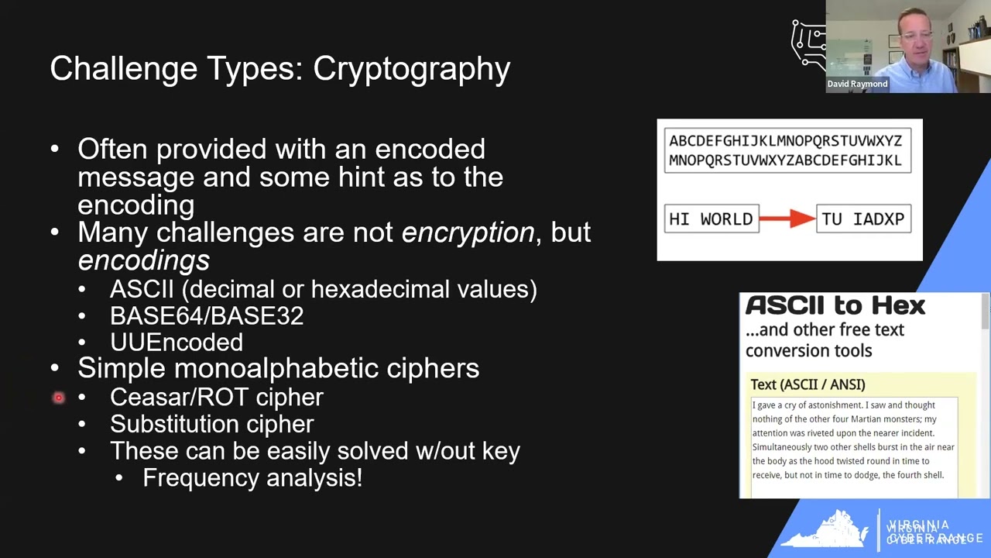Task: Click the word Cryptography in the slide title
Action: (411, 69)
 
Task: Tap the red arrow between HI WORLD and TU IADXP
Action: (787, 219)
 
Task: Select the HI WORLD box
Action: (711, 219)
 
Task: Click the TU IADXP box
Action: (863, 219)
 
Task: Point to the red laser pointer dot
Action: (58, 398)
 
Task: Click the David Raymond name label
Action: (857, 84)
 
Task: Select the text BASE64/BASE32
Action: (207, 316)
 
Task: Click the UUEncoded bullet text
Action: (177, 343)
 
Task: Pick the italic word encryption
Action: (468, 232)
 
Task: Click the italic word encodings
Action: (143, 260)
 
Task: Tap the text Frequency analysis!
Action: (252, 478)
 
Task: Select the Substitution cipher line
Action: (211, 424)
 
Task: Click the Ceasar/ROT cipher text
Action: (216, 397)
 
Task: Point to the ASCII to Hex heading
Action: (835, 305)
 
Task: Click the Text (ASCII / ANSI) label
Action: (808, 384)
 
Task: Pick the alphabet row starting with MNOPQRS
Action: (785, 160)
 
